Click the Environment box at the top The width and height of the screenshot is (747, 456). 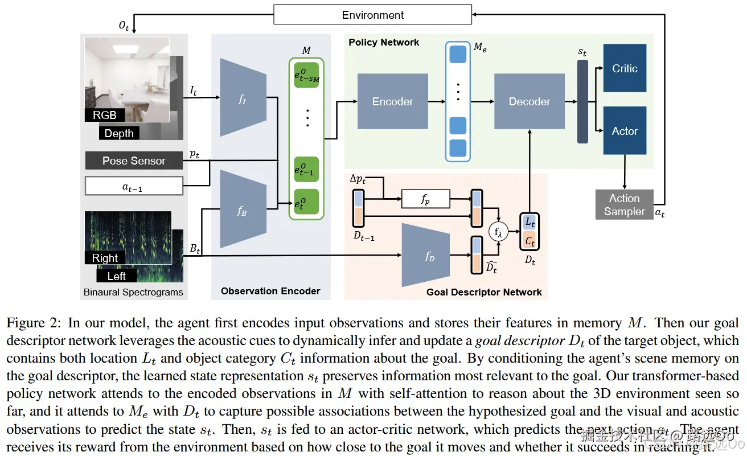click(373, 15)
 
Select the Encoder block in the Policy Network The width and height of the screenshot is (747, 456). click(392, 101)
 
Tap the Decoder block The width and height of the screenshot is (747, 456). click(529, 101)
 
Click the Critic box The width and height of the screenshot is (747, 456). click(625, 68)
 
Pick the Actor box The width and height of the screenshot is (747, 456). click(625, 131)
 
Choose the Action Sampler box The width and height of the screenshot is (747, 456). click(624, 205)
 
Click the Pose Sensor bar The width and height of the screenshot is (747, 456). click(134, 161)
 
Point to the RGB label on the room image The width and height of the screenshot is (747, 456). click(105, 115)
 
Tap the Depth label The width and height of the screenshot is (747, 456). click(119, 133)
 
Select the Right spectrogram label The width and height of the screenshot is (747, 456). click(105, 258)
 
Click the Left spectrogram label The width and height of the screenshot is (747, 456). click(117, 276)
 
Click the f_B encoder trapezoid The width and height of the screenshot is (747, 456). click(243, 210)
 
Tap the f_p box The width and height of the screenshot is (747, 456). click(425, 199)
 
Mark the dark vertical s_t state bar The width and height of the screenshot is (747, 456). click(582, 101)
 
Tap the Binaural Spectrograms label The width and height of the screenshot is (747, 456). click(133, 292)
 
